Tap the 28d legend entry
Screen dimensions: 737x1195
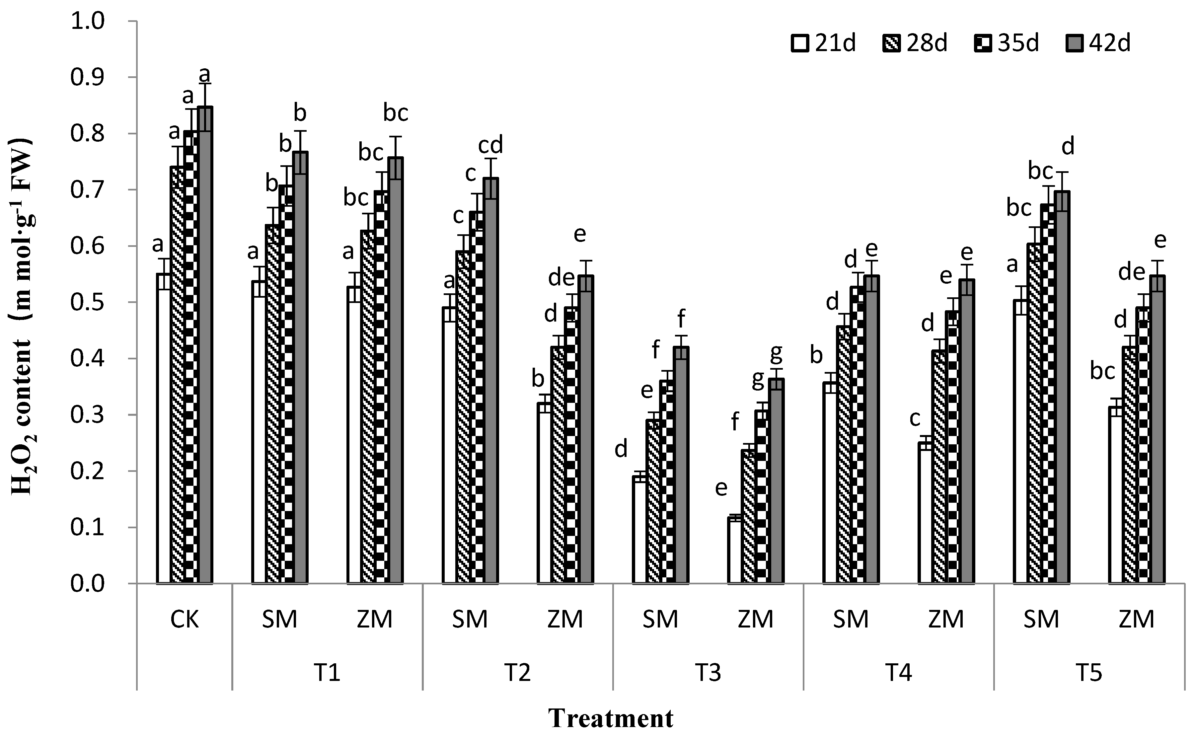[917, 44]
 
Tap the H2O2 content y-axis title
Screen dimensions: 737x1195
[22, 317]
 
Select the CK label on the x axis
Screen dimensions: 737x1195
[185, 620]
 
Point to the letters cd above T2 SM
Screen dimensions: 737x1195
[490, 145]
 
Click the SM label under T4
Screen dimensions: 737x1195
[851, 620]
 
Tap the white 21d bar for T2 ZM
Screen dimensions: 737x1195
[544, 493]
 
